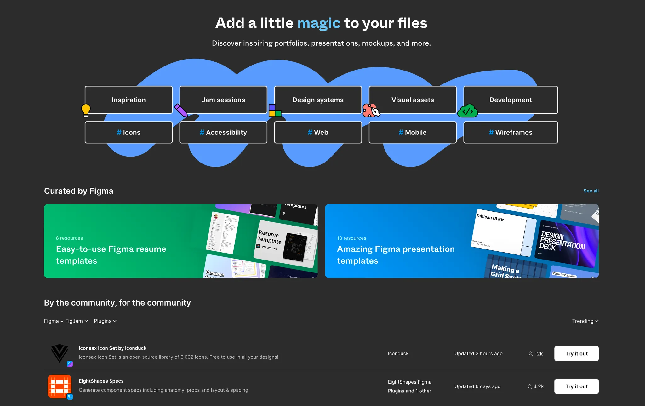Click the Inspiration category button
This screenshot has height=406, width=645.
pyautogui.click(x=128, y=100)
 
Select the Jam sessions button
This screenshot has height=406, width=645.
pyautogui.click(x=223, y=100)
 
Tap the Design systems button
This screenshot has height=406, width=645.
pyautogui.click(x=318, y=100)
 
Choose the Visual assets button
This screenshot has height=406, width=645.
pyautogui.click(x=413, y=100)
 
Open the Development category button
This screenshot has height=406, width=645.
pyautogui.click(x=510, y=100)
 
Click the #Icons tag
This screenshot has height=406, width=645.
pyautogui.click(x=128, y=133)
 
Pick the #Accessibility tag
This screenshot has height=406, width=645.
pyautogui.click(x=223, y=133)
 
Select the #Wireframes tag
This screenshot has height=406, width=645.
pyautogui.click(x=510, y=133)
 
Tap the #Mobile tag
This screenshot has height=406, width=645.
pyautogui.click(x=413, y=133)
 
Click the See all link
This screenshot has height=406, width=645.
pyautogui.click(x=591, y=191)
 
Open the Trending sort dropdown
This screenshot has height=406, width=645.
pyautogui.click(x=585, y=321)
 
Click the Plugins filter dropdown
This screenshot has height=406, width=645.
pyautogui.click(x=105, y=321)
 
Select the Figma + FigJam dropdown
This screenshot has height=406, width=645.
pyautogui.click(x=66, y=321)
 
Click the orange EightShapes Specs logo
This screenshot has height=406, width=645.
pyautogui.click(x=59, y=386)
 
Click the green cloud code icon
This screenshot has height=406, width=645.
pyautogui.click(x=467, y=111)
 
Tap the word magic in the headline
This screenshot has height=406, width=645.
pyautogui.click(x=319, y=23)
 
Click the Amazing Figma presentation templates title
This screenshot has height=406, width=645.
pyautogui.click(x=396, y=255)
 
